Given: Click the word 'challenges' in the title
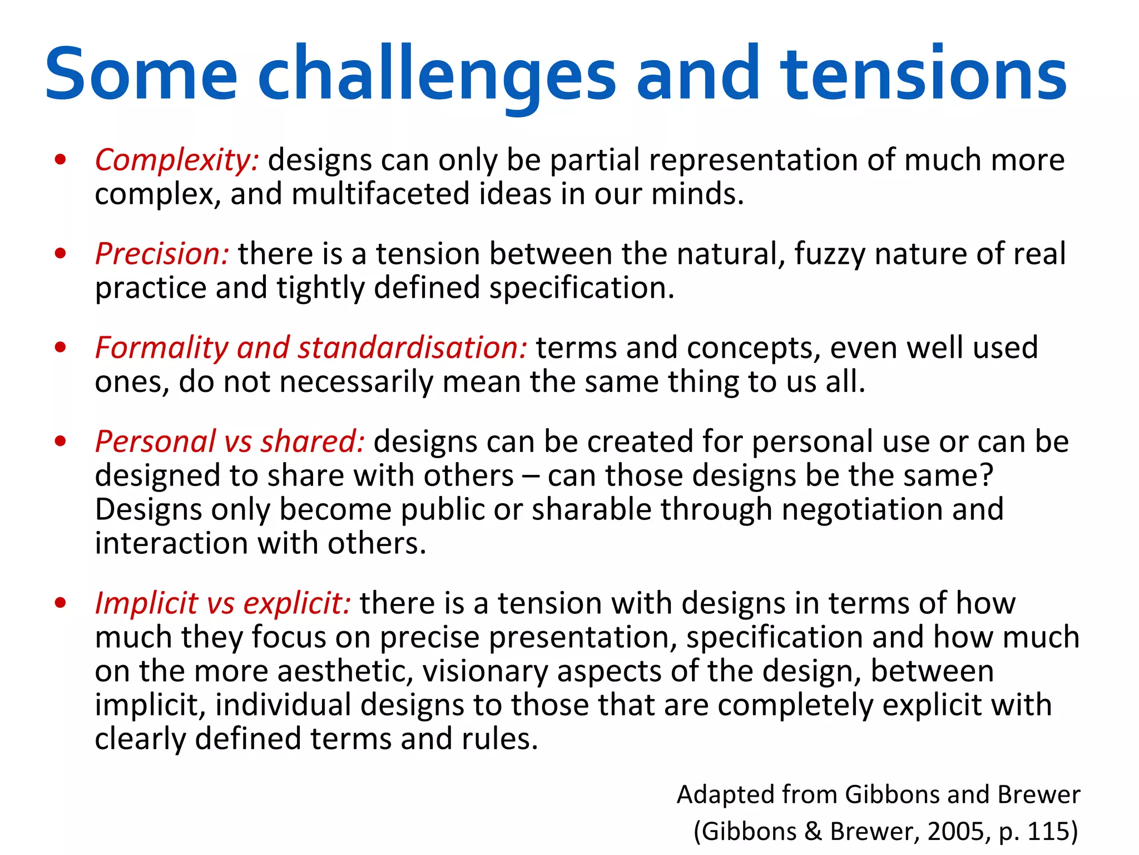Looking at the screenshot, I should click(437, 75).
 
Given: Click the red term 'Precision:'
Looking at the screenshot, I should click(162, 254).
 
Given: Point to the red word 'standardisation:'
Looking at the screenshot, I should click(412, 348).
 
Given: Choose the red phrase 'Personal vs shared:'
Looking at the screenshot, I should click(230, 442).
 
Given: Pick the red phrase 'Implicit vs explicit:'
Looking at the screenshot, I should click(222, 603).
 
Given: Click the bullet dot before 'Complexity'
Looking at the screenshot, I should click(61, 160).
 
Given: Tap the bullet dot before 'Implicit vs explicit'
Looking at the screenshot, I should click(61, 603).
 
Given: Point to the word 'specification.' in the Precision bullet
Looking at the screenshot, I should click(582, 288).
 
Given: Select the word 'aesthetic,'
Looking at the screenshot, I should click(345, 671).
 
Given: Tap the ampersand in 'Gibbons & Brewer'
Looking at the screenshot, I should click(813, 832).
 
